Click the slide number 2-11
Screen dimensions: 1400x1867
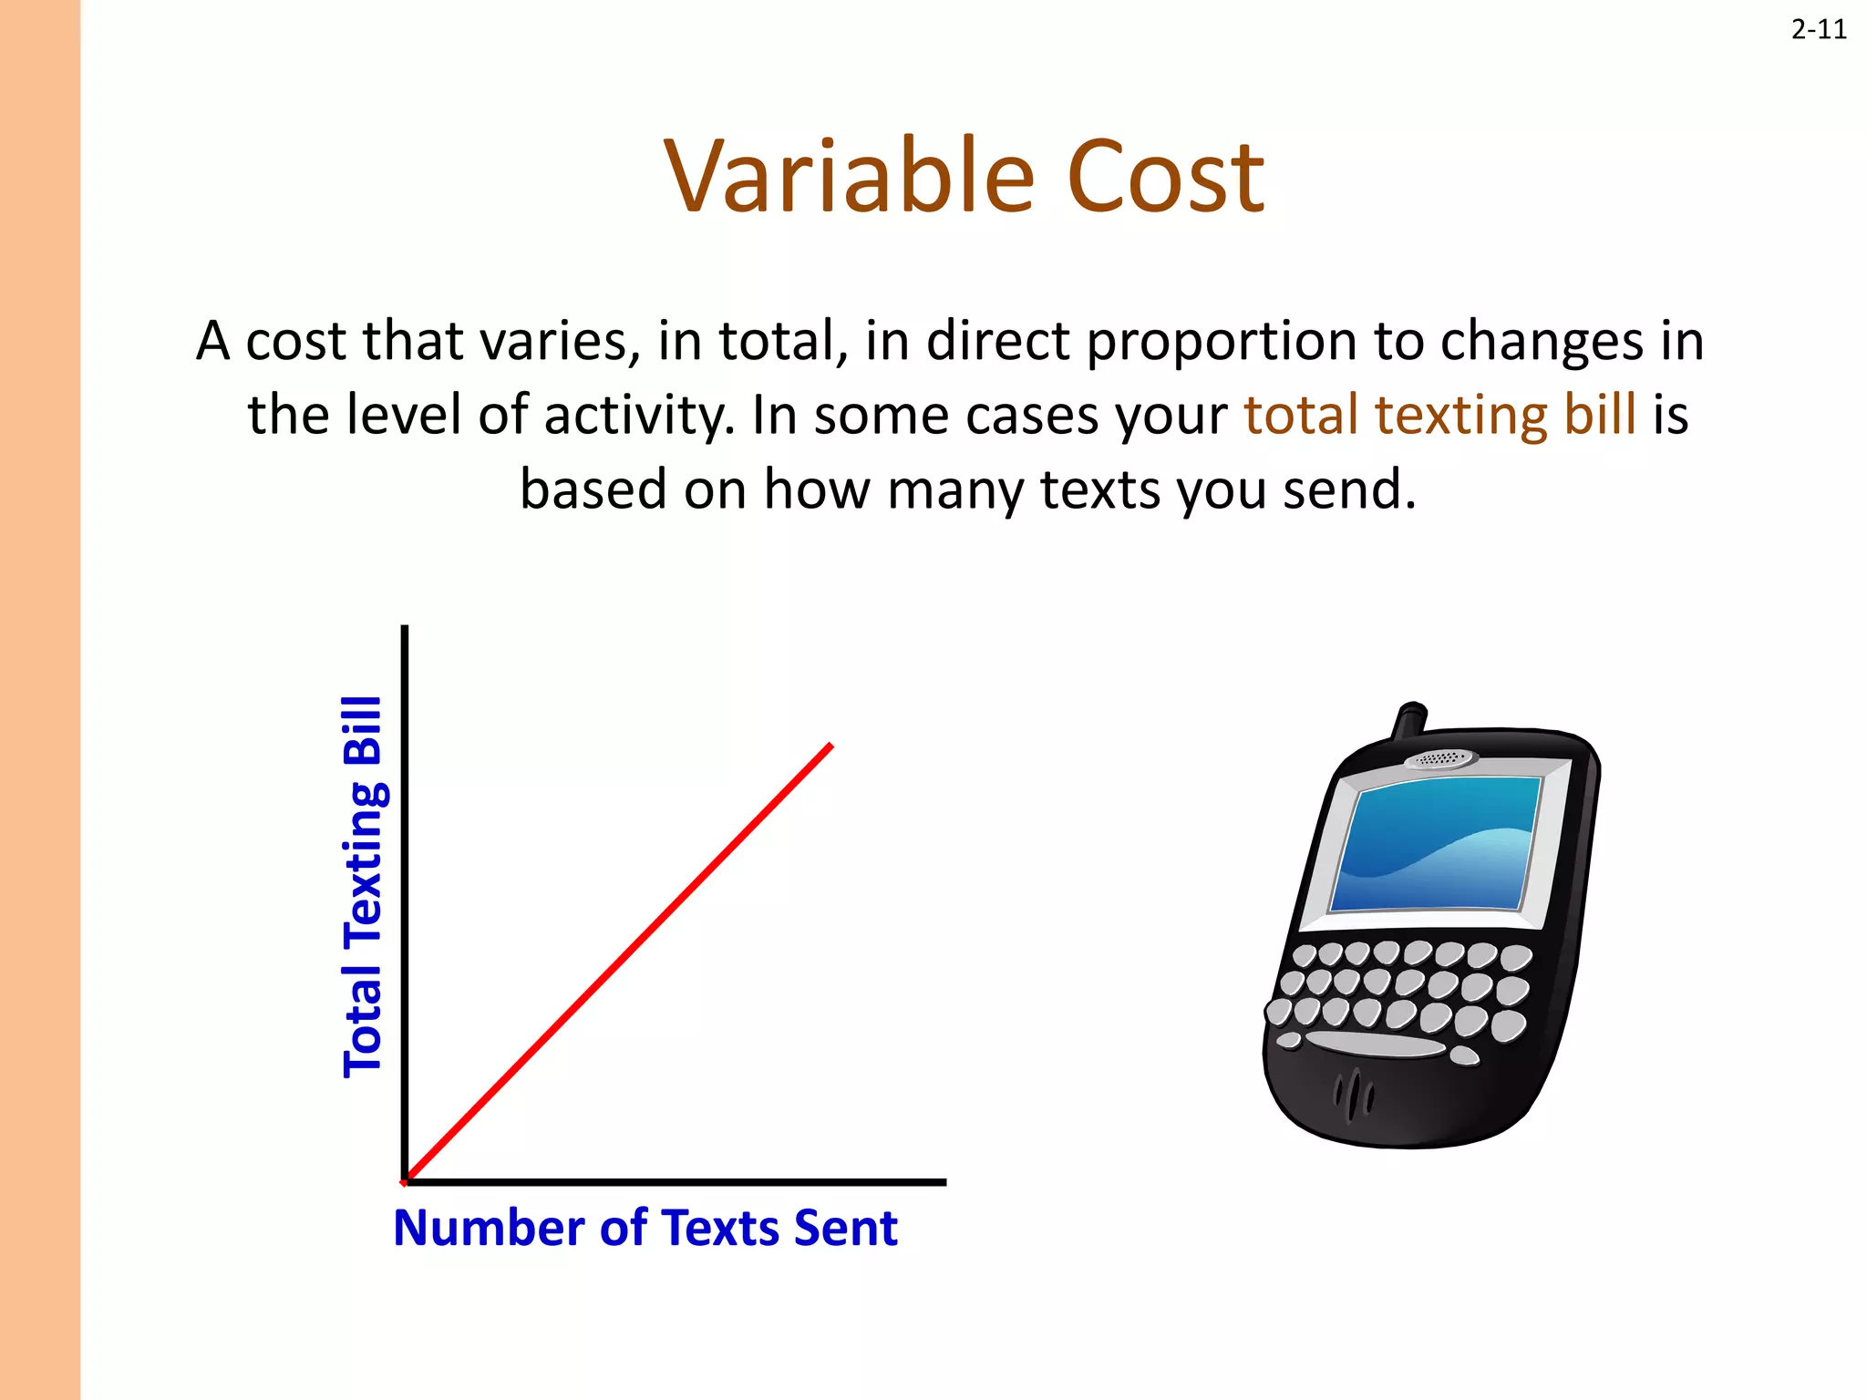1818,30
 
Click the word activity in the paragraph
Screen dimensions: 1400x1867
638,417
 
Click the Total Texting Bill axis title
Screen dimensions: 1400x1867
363,886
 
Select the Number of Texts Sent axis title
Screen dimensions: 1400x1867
645,1228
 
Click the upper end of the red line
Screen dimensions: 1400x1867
830,746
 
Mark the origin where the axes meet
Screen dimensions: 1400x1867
405,1182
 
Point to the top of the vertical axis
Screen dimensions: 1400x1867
405,629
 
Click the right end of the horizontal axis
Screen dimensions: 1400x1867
944,1182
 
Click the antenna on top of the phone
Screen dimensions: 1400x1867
1408,719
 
